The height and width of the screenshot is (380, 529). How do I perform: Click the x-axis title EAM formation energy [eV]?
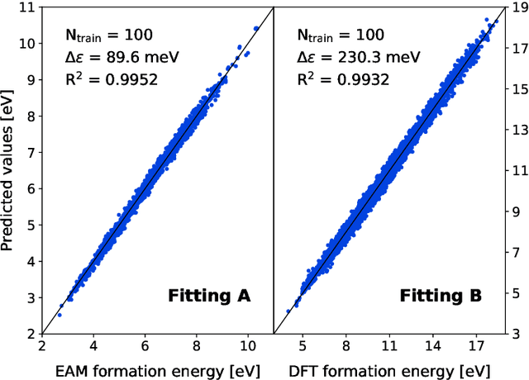156,368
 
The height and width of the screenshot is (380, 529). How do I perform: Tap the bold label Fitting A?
209,295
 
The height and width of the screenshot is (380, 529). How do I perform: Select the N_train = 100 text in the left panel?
108,36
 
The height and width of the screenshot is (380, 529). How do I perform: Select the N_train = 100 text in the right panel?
340,36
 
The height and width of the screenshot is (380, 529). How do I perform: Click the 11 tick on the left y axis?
26,7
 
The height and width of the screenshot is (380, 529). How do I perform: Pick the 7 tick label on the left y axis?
30,152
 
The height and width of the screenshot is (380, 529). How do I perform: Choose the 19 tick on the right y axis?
516,7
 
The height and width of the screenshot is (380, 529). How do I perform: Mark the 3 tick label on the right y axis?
512,334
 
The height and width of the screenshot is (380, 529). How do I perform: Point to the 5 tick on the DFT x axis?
303,348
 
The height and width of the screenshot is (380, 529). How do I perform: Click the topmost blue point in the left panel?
256,28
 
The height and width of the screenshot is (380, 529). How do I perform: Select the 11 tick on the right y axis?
516,170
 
